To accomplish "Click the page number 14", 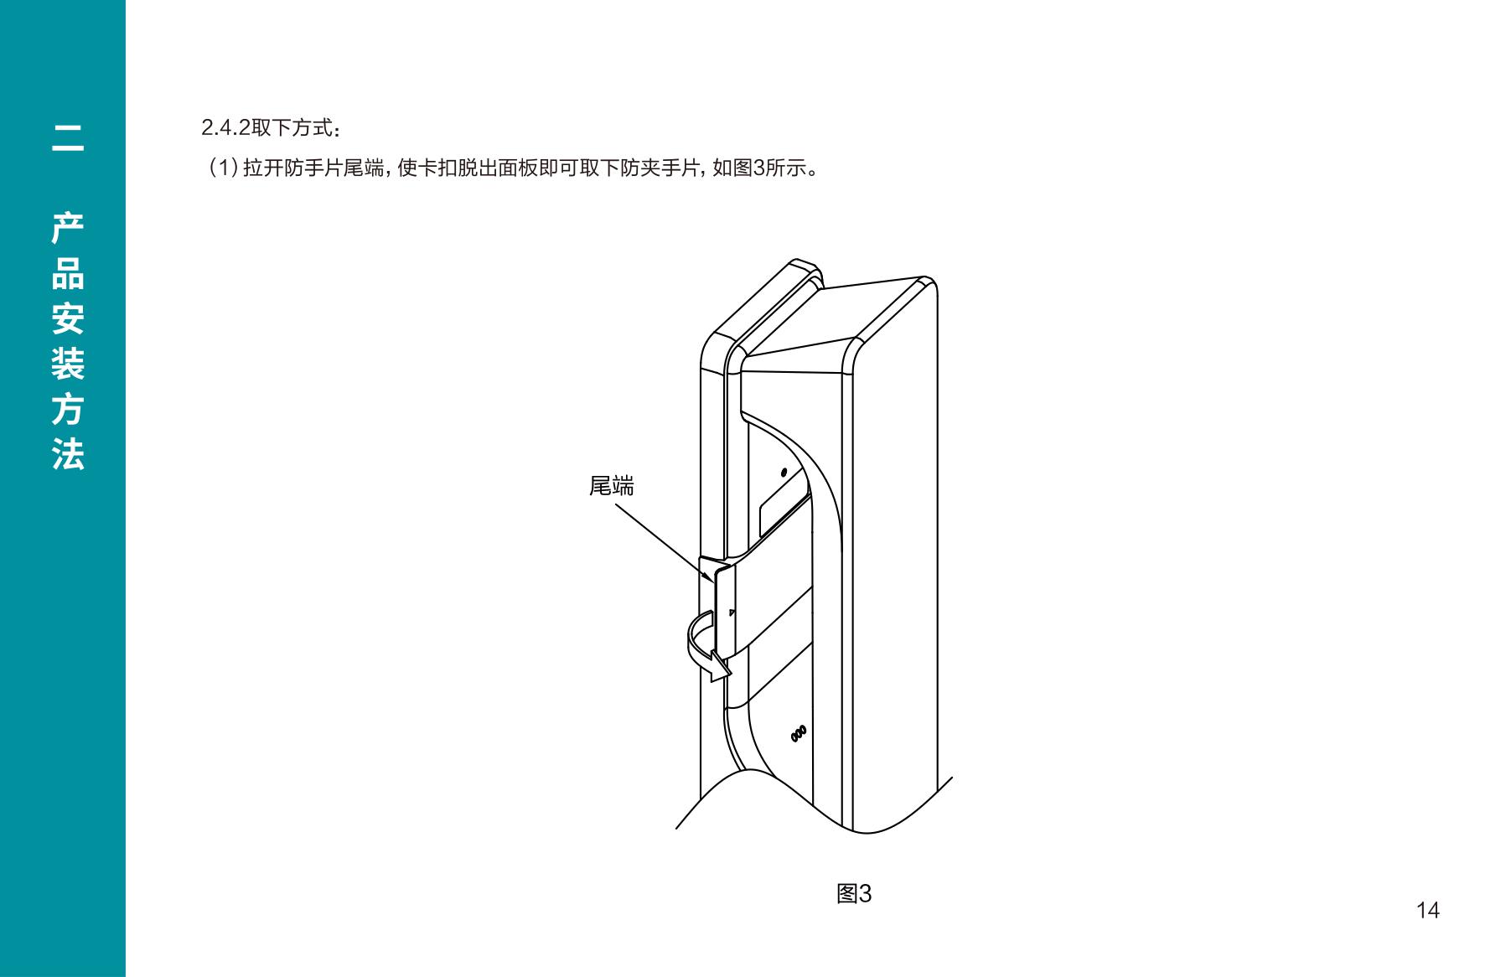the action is click(x=1427, y=910).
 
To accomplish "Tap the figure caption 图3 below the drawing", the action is click(x=854, y=894).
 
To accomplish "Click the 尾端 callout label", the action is click(x=611, y=485).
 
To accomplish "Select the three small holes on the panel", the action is click(x=799, y=732).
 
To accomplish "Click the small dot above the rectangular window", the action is click(x=784, y=473).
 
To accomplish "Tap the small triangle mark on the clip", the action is click(x=732, y=613).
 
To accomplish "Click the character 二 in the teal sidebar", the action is click(x=68, y=138).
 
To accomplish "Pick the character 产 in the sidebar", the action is click(x=68, y=228).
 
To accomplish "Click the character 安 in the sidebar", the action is click(x=68, y=318).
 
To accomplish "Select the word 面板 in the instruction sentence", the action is click(x=516, y=168).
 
